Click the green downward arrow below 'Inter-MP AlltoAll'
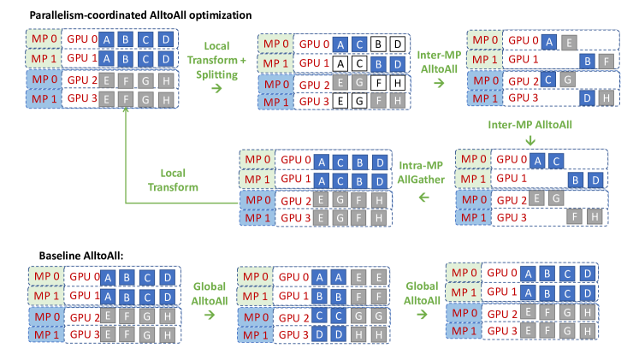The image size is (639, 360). [x=530, y=140]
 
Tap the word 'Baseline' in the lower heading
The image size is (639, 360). [x=60, y=256]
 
